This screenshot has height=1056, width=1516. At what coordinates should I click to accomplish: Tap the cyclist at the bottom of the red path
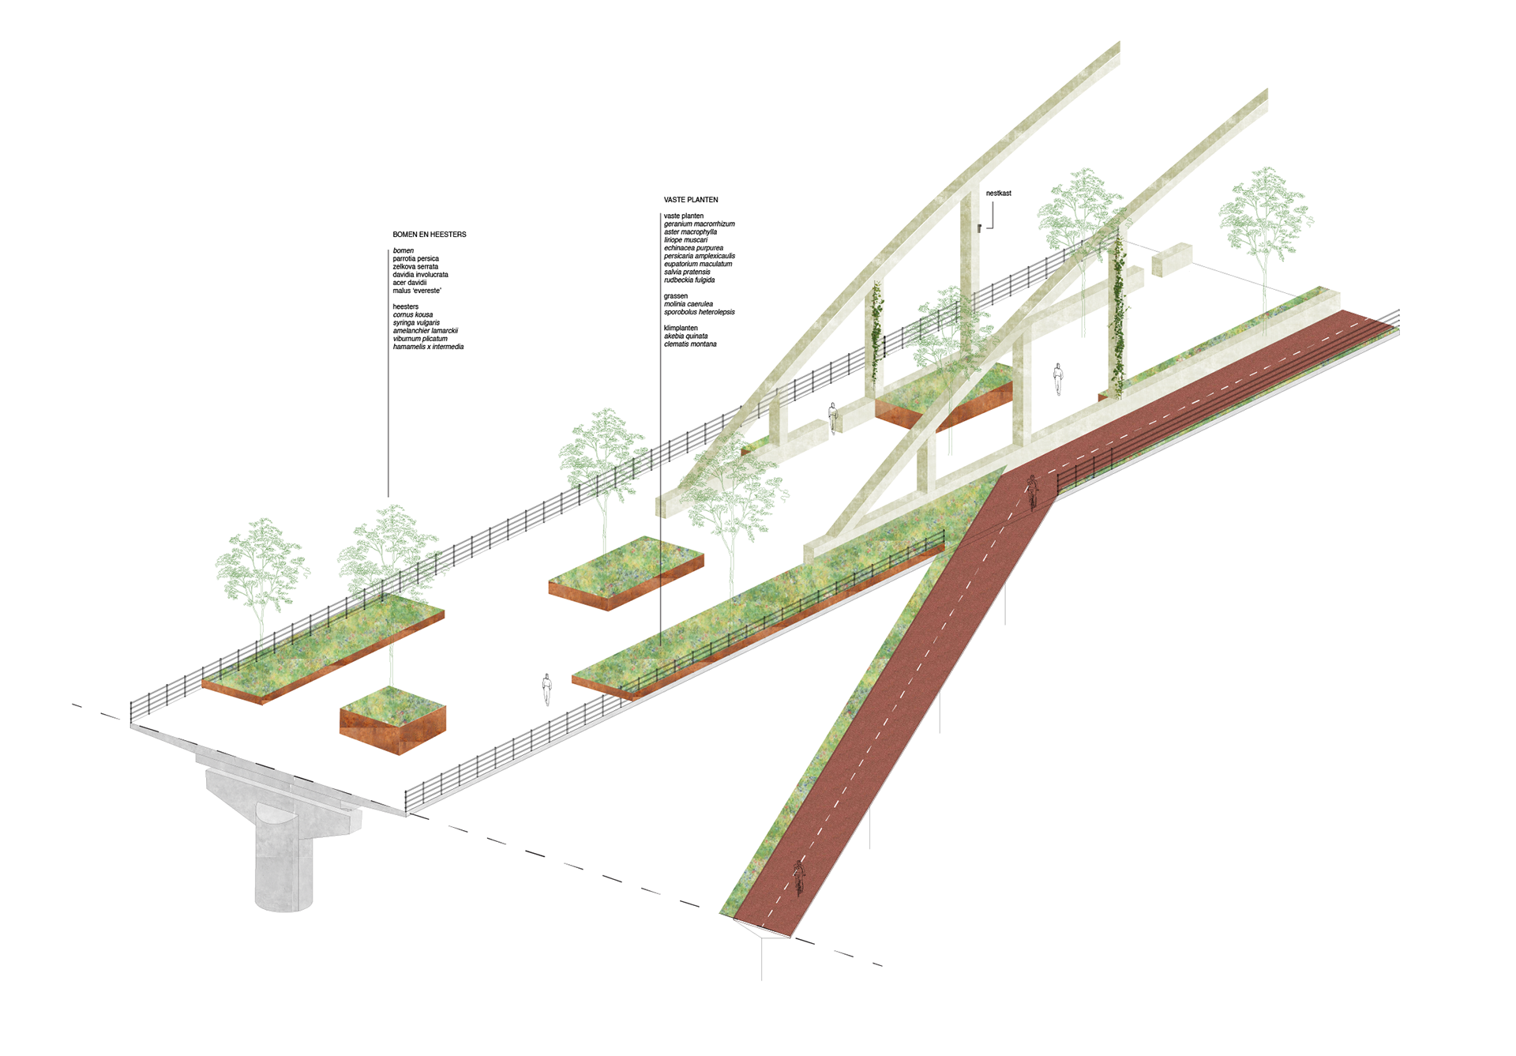(x=798, y=877)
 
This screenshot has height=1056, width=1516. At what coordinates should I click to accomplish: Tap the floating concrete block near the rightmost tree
(x=1172, y=259)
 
